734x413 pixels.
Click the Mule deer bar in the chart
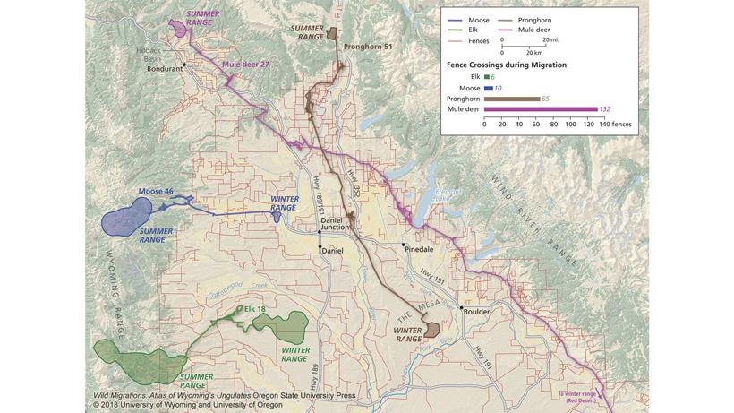(541, 109)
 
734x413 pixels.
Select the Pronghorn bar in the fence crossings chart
(512, 99)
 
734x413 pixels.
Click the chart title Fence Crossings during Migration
(506, 65)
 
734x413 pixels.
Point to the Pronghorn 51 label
(368, 46)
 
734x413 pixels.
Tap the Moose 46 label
(156, 192)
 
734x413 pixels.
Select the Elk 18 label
(254, 310)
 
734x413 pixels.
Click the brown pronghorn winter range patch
(431, 329)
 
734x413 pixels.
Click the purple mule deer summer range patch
(182, 28)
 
